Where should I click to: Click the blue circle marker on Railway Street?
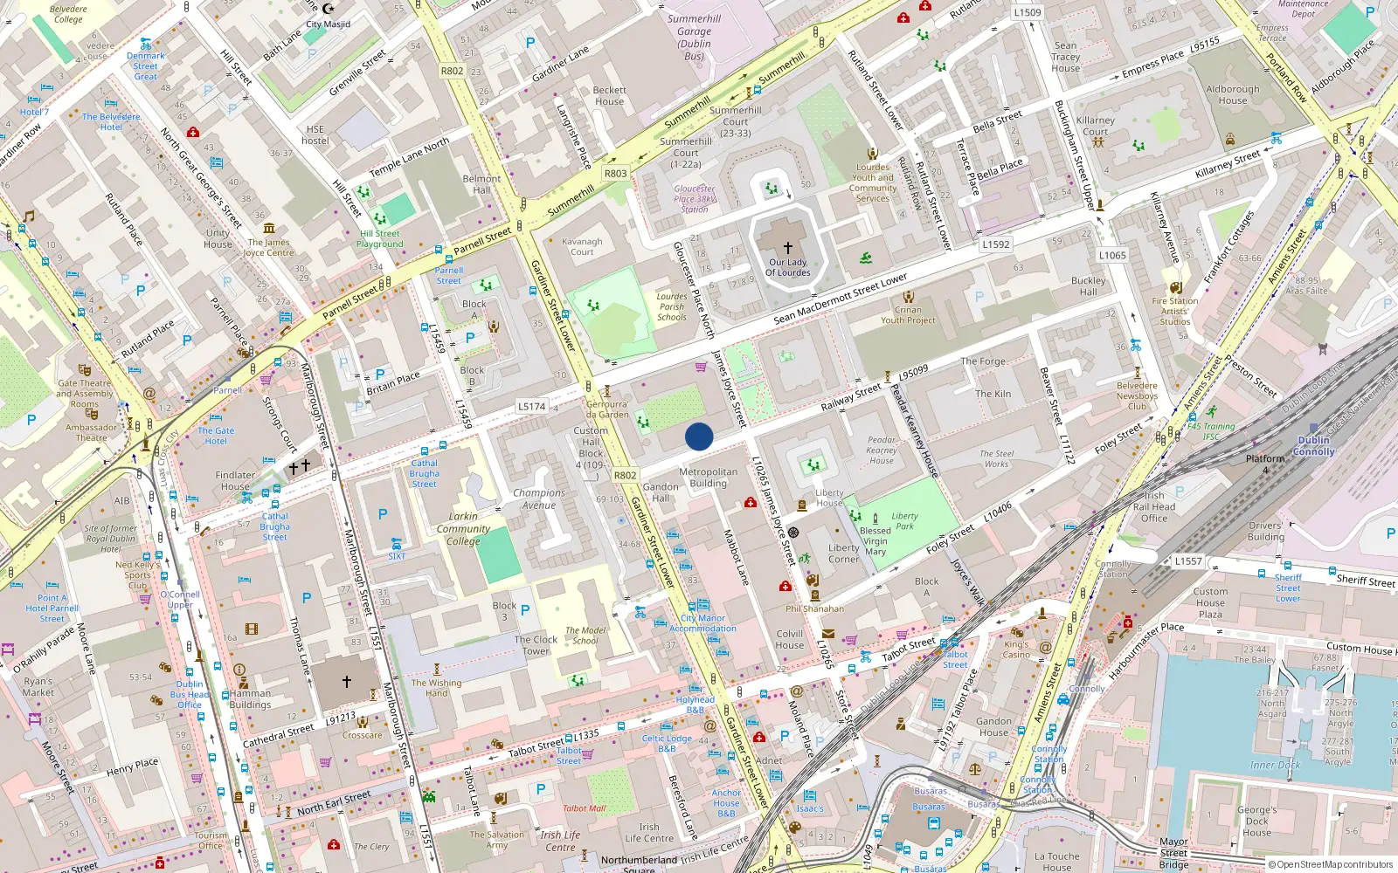pyautogui.click(x=699, y=436)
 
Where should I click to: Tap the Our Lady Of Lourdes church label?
pyautogui.click(x=787, y=267)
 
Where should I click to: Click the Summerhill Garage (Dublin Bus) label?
pyautogui.click(x=694, y=38)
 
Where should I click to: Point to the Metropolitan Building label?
pyautogui.click(x=708, y=478)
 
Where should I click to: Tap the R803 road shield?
pyautogui.click(x=615, y=173)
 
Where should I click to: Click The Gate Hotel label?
pyautogui.click(x=215, y=436)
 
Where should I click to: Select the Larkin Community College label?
pyautogui.click(x=463, y=528)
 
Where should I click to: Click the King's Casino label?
pyautogui.click(x=1015, y=650)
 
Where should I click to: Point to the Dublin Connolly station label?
pyautogui.click(x=1313, y=446)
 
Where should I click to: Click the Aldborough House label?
pyautogui.click(x=1232, y=94)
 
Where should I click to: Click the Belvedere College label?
pyautogui.click(x=68, y=14)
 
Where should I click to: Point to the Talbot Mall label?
pyautogui.click(x=584, y=808)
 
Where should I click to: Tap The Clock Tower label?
pyautogui.click(x=536, y=645)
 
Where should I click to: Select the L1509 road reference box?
pyautogui.click(x=1027, y=12)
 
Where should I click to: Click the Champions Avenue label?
pyautogui.click(x=539, y=499)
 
